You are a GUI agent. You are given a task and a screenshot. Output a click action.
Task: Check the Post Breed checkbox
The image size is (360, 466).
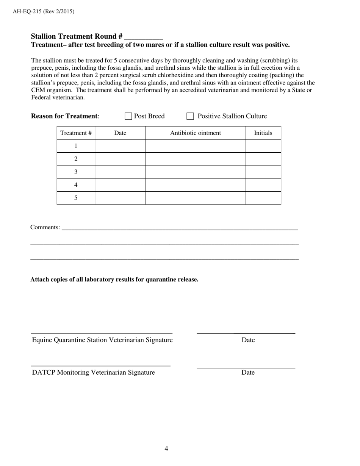tap(128, 116)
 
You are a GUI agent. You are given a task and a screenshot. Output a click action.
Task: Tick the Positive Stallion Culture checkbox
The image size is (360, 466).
tap(190, 116)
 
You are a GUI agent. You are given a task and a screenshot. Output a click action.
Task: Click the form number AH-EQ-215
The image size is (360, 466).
tap(27, 11)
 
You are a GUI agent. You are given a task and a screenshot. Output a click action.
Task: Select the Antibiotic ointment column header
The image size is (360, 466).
tap(195, 133)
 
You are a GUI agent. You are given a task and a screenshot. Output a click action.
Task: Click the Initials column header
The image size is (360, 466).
tap(263, 133)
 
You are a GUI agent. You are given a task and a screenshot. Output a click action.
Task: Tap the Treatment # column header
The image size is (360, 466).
tap(76, 133)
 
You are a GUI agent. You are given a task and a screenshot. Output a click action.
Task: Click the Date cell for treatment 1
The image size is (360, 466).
tap(120, 146)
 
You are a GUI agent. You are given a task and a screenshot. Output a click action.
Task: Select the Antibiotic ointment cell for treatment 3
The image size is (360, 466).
tap(195, 172)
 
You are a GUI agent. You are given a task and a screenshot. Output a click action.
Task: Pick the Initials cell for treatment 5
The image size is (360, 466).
tap(263, 198)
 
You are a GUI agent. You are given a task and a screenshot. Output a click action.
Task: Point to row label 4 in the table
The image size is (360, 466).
tap(76, 185)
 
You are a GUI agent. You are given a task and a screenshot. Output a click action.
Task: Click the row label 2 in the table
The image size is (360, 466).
tap(76, 159)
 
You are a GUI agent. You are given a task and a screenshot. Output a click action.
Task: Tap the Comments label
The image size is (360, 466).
tap(45, 227)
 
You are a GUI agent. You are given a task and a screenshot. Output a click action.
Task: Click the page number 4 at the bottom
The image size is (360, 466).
tap(166, 449)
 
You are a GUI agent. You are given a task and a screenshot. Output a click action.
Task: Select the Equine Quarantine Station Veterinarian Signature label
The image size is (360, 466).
tap(102, 340)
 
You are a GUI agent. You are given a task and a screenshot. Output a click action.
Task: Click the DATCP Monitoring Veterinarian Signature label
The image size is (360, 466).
tap(93, 372)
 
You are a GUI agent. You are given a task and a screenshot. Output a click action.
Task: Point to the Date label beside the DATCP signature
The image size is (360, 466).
tap(248, 372)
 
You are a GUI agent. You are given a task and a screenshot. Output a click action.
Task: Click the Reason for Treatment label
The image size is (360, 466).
tap(65, 116)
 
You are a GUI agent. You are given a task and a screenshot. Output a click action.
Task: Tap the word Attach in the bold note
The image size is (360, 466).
tap(40, 280)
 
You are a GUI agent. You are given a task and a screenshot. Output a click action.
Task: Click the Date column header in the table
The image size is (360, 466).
tap(120, 133)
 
